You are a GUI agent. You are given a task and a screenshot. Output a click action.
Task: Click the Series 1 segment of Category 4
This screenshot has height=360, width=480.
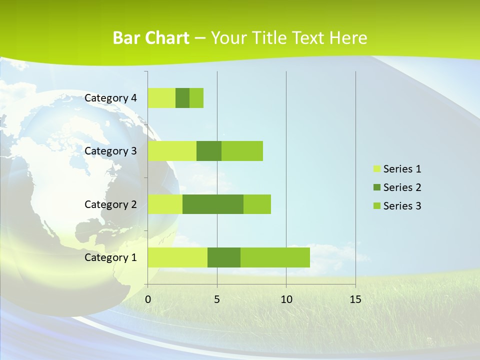coord(161,98)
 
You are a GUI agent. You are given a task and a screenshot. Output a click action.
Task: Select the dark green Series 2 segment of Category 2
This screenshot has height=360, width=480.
coord(213,204)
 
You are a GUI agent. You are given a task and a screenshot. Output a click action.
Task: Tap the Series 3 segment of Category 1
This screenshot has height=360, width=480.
coord(275,257)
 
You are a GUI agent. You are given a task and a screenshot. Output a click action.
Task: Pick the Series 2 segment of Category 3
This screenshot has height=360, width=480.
coord(209,151)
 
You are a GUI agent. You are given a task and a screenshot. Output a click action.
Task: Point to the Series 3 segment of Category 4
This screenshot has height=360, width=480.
coord(196,98)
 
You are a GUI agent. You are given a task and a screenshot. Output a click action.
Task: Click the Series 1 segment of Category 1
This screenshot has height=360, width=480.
coord(177,257)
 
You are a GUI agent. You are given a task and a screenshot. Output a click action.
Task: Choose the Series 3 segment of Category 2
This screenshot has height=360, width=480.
coord(257,204)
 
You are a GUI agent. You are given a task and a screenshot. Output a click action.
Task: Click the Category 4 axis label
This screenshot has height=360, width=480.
coord(110,98)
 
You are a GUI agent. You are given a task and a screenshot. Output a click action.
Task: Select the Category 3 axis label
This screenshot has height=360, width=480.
coord(110,151)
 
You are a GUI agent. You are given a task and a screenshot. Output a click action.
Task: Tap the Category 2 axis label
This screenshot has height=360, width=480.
coord(110,204)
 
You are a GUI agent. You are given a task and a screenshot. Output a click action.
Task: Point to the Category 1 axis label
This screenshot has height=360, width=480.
coord(110,257)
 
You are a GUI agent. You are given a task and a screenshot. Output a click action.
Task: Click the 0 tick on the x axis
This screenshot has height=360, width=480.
coord(148,299)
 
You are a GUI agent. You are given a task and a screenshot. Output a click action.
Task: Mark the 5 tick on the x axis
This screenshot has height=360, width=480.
coord(217,299)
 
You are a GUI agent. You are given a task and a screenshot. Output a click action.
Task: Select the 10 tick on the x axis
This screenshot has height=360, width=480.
coord(286,299)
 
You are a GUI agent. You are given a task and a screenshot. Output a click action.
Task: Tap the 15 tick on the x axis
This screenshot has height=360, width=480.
coord(355,299)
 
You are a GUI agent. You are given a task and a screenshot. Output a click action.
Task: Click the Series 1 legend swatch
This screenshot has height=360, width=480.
coord(377,169)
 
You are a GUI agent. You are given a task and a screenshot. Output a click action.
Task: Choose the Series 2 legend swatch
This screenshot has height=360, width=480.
coord(377,187)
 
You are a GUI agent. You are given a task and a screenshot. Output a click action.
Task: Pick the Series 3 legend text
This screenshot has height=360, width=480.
coord(402,206)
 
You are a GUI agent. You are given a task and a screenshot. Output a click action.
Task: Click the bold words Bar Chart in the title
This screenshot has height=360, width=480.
coord(151,38)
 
